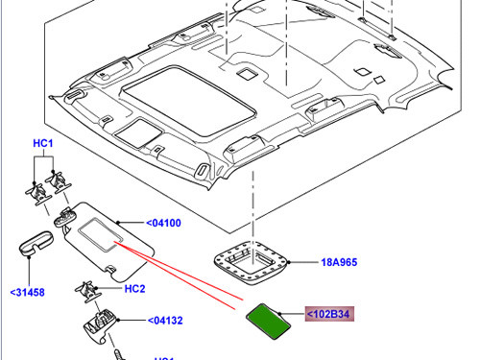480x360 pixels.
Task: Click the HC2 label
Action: pyautogui.click(x=134, y=288)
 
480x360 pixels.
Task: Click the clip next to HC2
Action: pyautogui.click(x=90, y=289)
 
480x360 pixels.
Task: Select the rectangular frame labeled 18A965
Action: pyautogui.click(x=252, y=260)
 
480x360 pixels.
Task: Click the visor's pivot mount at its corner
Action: pyautogui.click(x=64, y=219)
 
